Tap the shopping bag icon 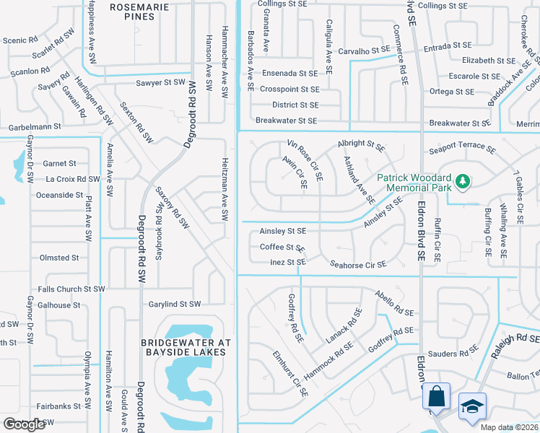436,396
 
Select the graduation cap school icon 472,406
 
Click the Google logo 24,424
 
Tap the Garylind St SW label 175,305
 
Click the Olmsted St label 59,258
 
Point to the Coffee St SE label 282,247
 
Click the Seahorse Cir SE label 358,264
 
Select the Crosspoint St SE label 289,89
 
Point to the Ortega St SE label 451,92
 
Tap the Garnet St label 59,164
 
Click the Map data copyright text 508,427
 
